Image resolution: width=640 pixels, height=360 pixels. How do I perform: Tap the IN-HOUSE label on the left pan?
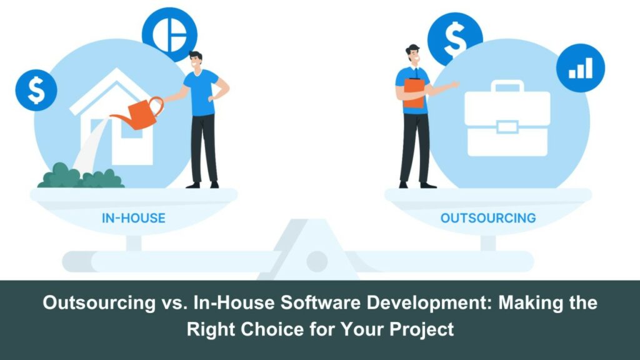(x=134, y=218)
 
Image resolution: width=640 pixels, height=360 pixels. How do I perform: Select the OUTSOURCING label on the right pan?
(x=488, y=218)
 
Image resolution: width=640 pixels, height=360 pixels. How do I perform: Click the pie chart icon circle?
(x=169, y=35)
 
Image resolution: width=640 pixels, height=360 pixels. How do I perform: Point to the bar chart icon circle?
(x=581, y=68)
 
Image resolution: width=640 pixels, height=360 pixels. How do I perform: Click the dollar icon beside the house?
(x=36, y=90)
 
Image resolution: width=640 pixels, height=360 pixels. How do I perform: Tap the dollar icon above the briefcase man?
(x=455, y=39)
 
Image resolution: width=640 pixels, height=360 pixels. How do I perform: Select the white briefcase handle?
(x=507, y=85)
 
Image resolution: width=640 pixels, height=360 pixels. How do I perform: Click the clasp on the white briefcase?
(x=507, y=127)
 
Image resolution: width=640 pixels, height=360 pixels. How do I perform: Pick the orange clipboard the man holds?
(x=414, y=93)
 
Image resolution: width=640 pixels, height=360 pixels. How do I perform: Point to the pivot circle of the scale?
(x=317, y=261)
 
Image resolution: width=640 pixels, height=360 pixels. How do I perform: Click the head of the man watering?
(x=196, y=61)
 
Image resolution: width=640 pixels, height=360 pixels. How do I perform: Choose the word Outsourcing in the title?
(x=99, y=303)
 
